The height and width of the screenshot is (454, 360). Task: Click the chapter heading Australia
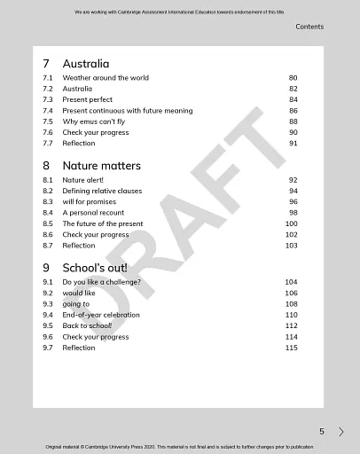[85, 64]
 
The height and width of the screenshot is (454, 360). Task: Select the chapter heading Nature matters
[101, 166]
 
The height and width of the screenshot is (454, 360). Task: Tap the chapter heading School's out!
[94, 268]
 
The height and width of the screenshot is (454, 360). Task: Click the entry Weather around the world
[106, 78]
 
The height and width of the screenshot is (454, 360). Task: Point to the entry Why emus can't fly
[93, 121]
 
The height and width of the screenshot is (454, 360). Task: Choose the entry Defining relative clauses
[102, 191]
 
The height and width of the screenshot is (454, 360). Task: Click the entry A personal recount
[93, 213]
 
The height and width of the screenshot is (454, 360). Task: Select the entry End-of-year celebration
[100, 315]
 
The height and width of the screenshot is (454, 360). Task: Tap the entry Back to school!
[87, 325]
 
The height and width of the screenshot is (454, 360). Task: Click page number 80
[293, 78]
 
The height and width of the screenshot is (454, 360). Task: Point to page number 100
[291, 223]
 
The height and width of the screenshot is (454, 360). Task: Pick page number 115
[291, 348]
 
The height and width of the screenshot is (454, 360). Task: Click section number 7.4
[48, 111]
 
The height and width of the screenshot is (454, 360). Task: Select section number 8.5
[48, 223]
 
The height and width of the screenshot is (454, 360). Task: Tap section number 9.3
[48, 304]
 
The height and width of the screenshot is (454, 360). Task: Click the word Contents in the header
[309, 27]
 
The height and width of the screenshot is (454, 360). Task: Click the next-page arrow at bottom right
[341, 432]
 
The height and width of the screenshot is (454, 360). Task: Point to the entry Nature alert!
[82, 180]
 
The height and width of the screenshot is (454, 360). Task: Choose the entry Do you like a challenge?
[101, 282]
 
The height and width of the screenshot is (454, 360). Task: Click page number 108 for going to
[291, 304]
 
